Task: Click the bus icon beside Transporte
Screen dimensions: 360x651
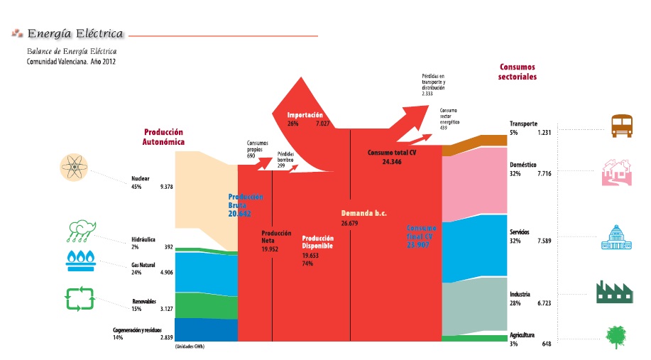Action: [x=621, y=126]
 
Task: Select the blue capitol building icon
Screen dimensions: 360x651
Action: [x=616, y=238]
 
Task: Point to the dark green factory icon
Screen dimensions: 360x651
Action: [x=615, y=291]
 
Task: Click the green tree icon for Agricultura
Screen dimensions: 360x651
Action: [x=616, y=336]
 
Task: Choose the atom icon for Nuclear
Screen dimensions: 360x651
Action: [x=75, y=169]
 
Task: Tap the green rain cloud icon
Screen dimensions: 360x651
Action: [x=82, y=230]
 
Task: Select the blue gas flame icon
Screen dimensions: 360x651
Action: [x=82, y=260]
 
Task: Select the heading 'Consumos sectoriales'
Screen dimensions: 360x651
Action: [x=517, y=72]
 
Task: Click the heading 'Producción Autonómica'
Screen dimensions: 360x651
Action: [x=163, y=137]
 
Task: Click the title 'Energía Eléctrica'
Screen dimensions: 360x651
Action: [x=75, y=33]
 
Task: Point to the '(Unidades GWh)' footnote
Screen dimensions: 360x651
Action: [x=194, y=347]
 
